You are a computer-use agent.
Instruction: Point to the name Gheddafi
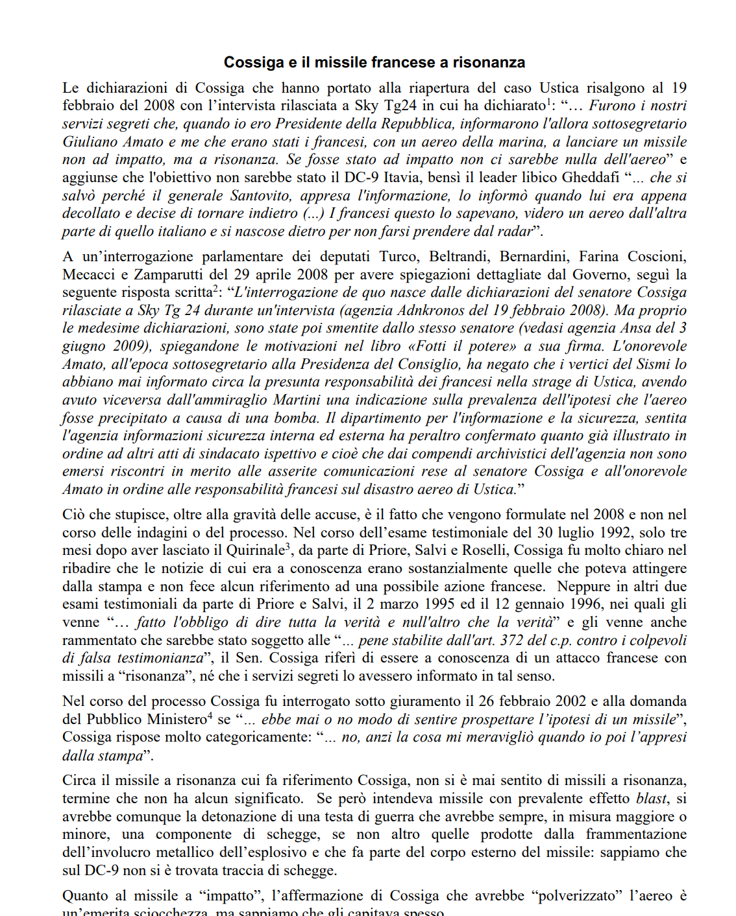tap(591, 178)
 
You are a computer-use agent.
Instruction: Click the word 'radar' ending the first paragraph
tap(515, 231)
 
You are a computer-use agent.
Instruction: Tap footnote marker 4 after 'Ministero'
tap(210, 716)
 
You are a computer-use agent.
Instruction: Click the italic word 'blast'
tap(650, 799)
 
